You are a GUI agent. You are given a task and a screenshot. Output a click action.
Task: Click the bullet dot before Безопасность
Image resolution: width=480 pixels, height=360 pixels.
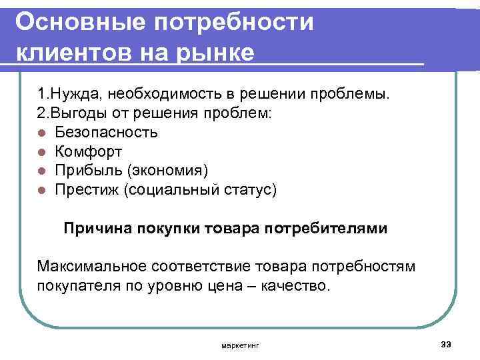[41, 133]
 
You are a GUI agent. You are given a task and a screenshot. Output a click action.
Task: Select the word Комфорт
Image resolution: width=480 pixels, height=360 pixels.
[89, 151]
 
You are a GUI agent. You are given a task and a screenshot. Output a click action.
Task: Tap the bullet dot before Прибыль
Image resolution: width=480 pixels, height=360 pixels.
[41, 171]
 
